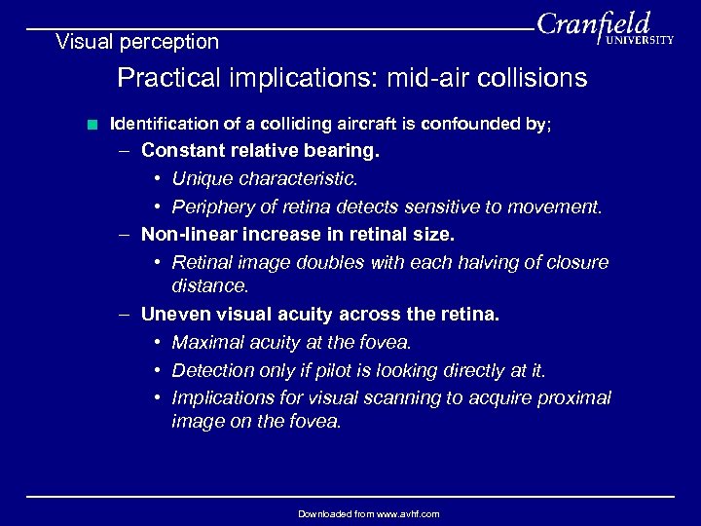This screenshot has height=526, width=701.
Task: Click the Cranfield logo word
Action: (x=593, y=23)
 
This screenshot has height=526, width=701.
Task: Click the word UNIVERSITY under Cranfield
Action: (x=638, y=41)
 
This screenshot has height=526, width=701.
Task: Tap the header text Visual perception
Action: (x=137, y=42)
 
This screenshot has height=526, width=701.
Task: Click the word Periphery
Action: (x=208, y=207)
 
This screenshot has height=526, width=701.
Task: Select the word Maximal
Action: (x=205, y=343)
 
